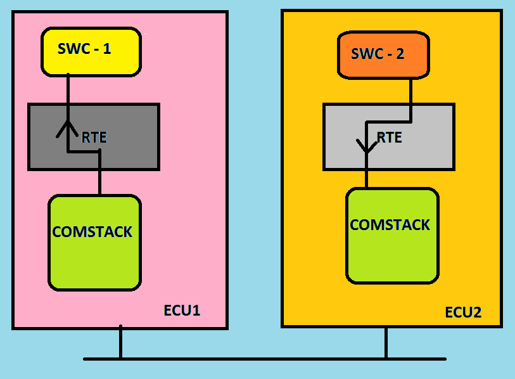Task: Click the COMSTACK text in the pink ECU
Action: pyautogui.click(x=92, y=232)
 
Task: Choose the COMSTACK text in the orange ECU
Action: pyautogui.click(x=390, y=225)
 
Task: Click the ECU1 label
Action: pyautogui.click(x=182, y=311)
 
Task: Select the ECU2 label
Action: pyautogui.click(x=463, y=312)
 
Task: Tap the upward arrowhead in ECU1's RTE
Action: pyautogui.click(x=68, y=129)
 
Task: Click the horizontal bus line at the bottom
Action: pyautogui.click(x=253, y=359)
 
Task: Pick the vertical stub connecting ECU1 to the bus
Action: pyautogui.click(x=120, y=344)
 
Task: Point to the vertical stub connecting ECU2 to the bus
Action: pyautogui.click(x=386, y=343)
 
